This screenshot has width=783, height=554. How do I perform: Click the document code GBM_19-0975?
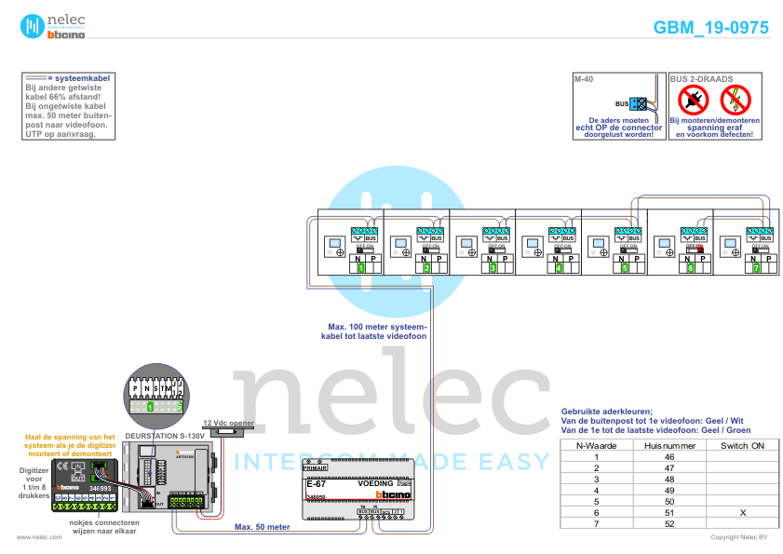711,28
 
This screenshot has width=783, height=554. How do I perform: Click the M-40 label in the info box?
584,80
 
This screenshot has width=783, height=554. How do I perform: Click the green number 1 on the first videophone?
360,268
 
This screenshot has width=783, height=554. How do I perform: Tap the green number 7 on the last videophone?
757,268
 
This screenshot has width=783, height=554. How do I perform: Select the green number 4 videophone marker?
559,268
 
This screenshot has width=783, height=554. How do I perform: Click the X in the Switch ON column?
742,513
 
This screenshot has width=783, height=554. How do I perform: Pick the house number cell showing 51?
668,513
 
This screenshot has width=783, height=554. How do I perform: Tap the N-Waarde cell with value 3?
596,480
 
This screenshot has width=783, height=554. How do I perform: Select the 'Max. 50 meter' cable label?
262,526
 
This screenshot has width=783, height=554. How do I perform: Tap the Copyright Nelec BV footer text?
738,537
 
